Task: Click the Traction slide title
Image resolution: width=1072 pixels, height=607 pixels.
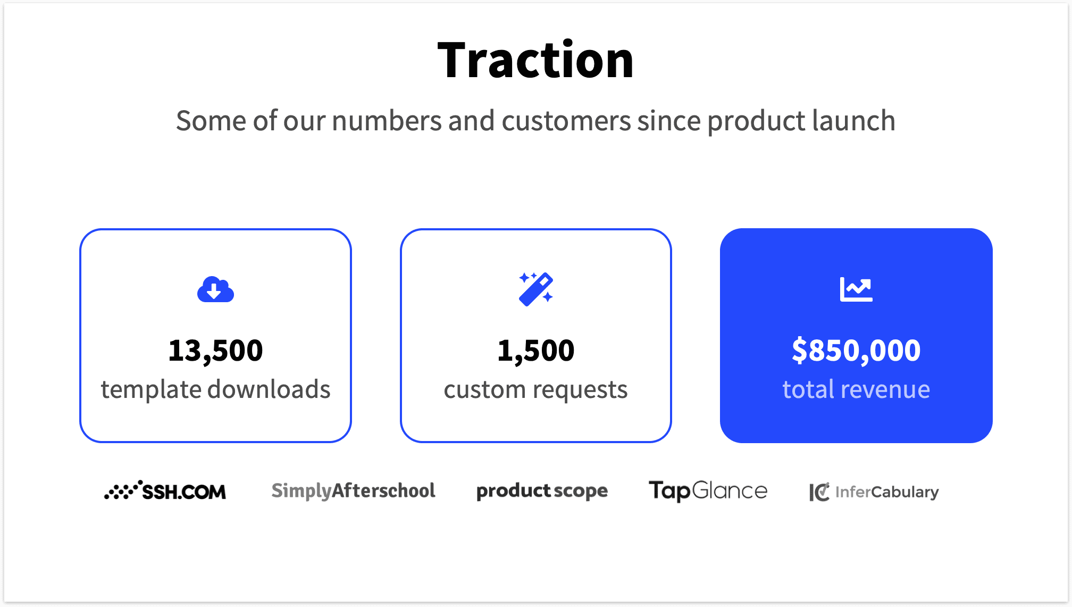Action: pos(535,60)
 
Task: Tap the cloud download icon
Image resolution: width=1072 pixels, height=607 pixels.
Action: pos(215,290)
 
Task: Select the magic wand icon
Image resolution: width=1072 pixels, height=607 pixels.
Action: pos(536,289)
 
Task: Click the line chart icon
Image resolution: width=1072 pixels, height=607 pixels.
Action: pos(856,289)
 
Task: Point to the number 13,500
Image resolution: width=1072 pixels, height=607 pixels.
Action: pos(215,351)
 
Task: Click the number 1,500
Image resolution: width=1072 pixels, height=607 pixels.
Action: pos(536,351)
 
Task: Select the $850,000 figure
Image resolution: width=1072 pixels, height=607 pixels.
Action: pos(856,351)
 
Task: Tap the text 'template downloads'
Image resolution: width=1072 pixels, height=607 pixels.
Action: pos(215,389)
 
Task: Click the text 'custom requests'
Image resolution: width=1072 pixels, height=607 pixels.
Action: pos(536,390)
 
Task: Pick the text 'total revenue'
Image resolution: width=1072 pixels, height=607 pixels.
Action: pos(856,389)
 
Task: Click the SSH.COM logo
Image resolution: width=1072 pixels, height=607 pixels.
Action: pos(165,491)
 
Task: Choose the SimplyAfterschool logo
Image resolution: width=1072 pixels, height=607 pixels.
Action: pos(353,491)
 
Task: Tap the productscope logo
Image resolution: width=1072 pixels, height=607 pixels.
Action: pos(542,491)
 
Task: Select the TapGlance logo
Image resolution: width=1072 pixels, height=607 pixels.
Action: pos(708,491)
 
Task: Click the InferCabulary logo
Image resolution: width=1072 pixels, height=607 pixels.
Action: pos(874,492)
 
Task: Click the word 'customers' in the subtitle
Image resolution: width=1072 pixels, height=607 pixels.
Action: pos(566,121)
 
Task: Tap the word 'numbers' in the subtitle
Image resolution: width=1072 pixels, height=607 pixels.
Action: pos(387,121)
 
